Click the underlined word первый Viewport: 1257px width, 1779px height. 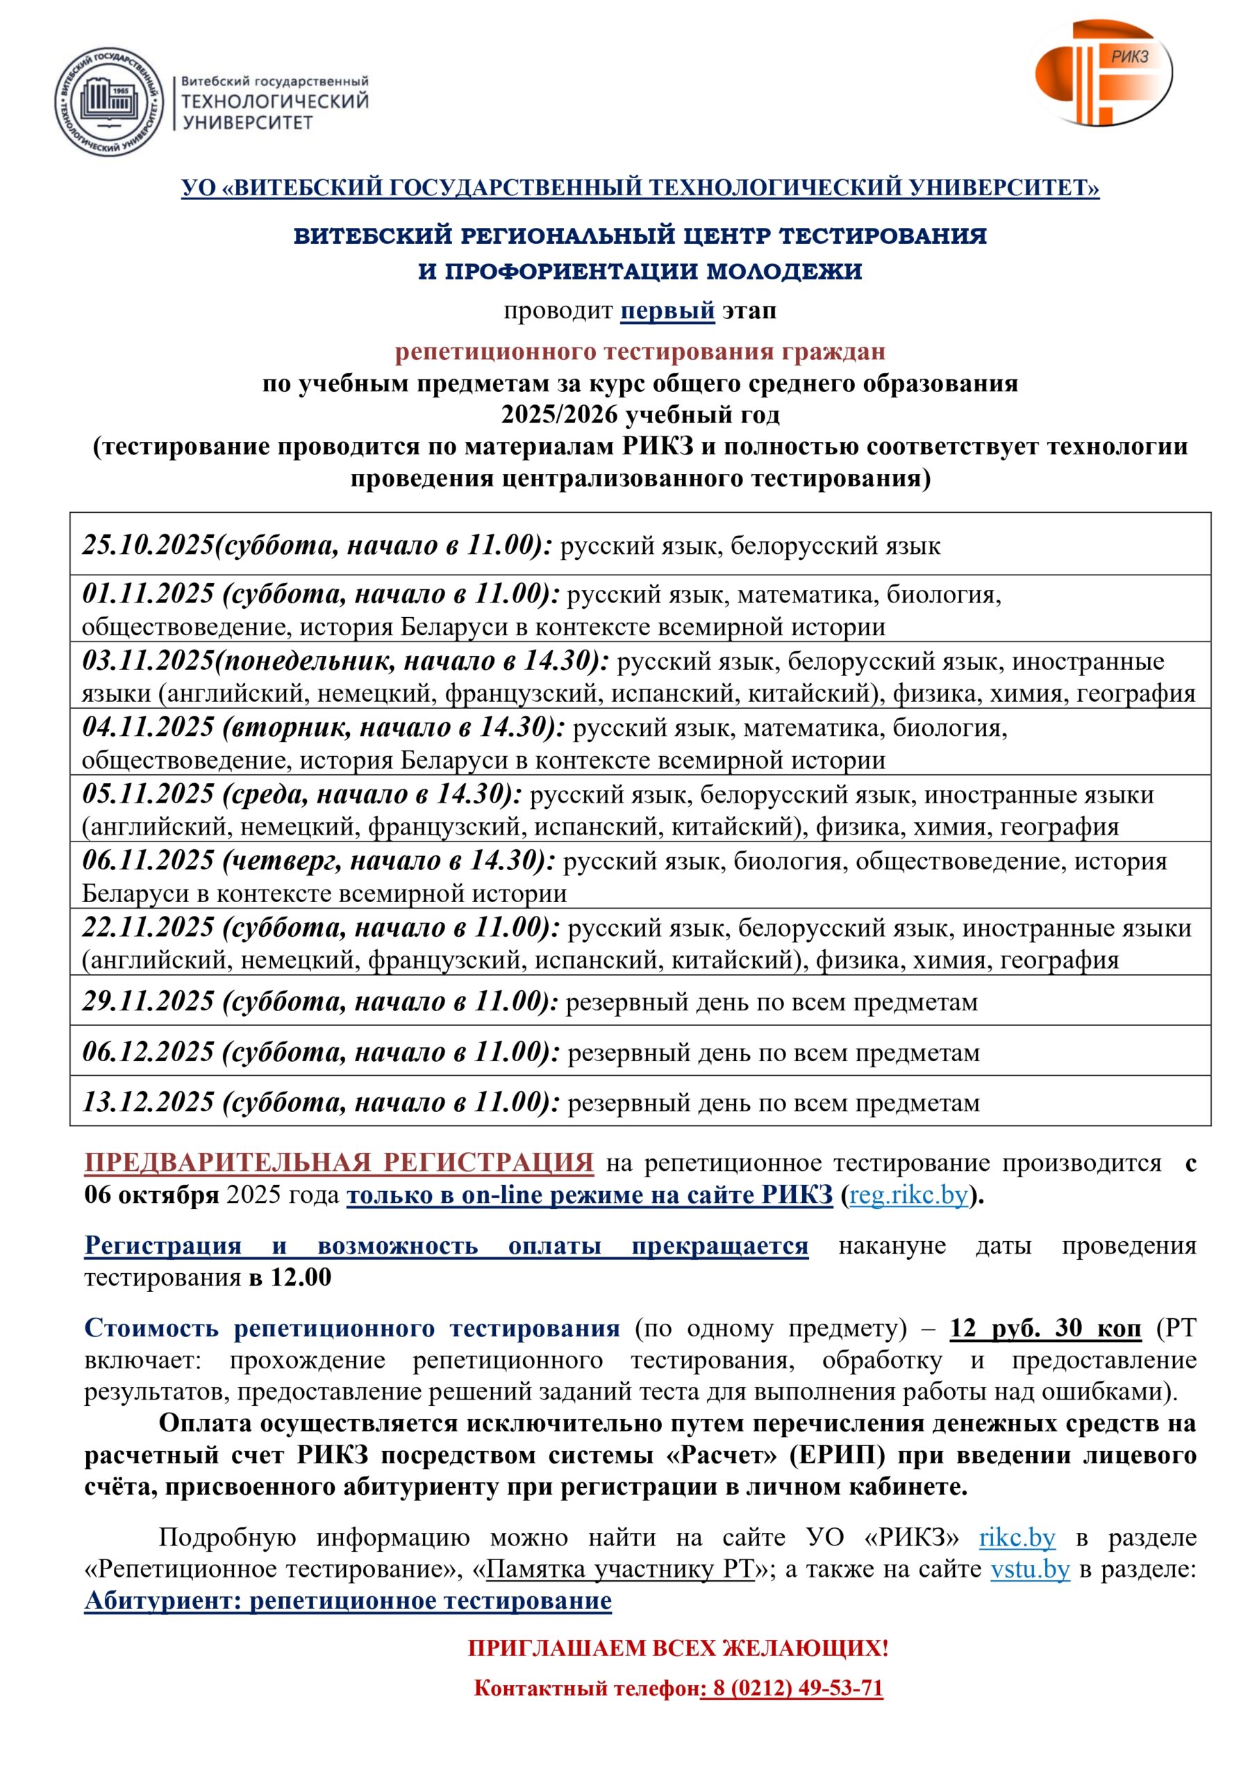click(667, 311)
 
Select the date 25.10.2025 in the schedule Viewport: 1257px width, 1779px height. click(148, 546)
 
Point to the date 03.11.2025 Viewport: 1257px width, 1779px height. click(148, 661)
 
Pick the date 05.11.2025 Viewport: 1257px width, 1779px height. click(148, 794)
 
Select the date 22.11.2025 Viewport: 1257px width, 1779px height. click(148, 928)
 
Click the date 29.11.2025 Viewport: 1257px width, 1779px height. click(148, 1002)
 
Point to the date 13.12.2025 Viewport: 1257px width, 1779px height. click(148, 1103)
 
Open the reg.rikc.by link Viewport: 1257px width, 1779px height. click(908, 1195)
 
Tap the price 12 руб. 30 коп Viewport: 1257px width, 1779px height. click(1046, 1328)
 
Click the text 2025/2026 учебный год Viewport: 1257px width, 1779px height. click(640, 416)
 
